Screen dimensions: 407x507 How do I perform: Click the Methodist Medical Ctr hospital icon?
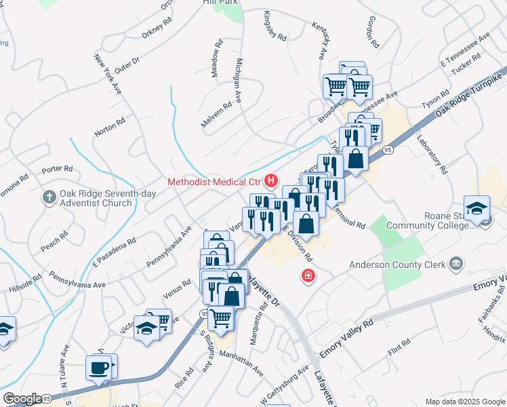272,181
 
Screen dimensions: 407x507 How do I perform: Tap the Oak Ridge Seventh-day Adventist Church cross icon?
49,197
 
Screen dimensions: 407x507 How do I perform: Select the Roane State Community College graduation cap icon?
476,208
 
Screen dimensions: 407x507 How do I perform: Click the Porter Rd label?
57,168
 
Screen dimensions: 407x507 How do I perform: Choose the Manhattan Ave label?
241,362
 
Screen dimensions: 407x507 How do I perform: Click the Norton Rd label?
110,127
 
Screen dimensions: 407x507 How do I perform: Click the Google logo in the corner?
23,399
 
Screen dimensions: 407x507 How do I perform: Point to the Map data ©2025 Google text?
464,402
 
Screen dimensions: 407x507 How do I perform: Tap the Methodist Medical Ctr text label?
215,182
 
